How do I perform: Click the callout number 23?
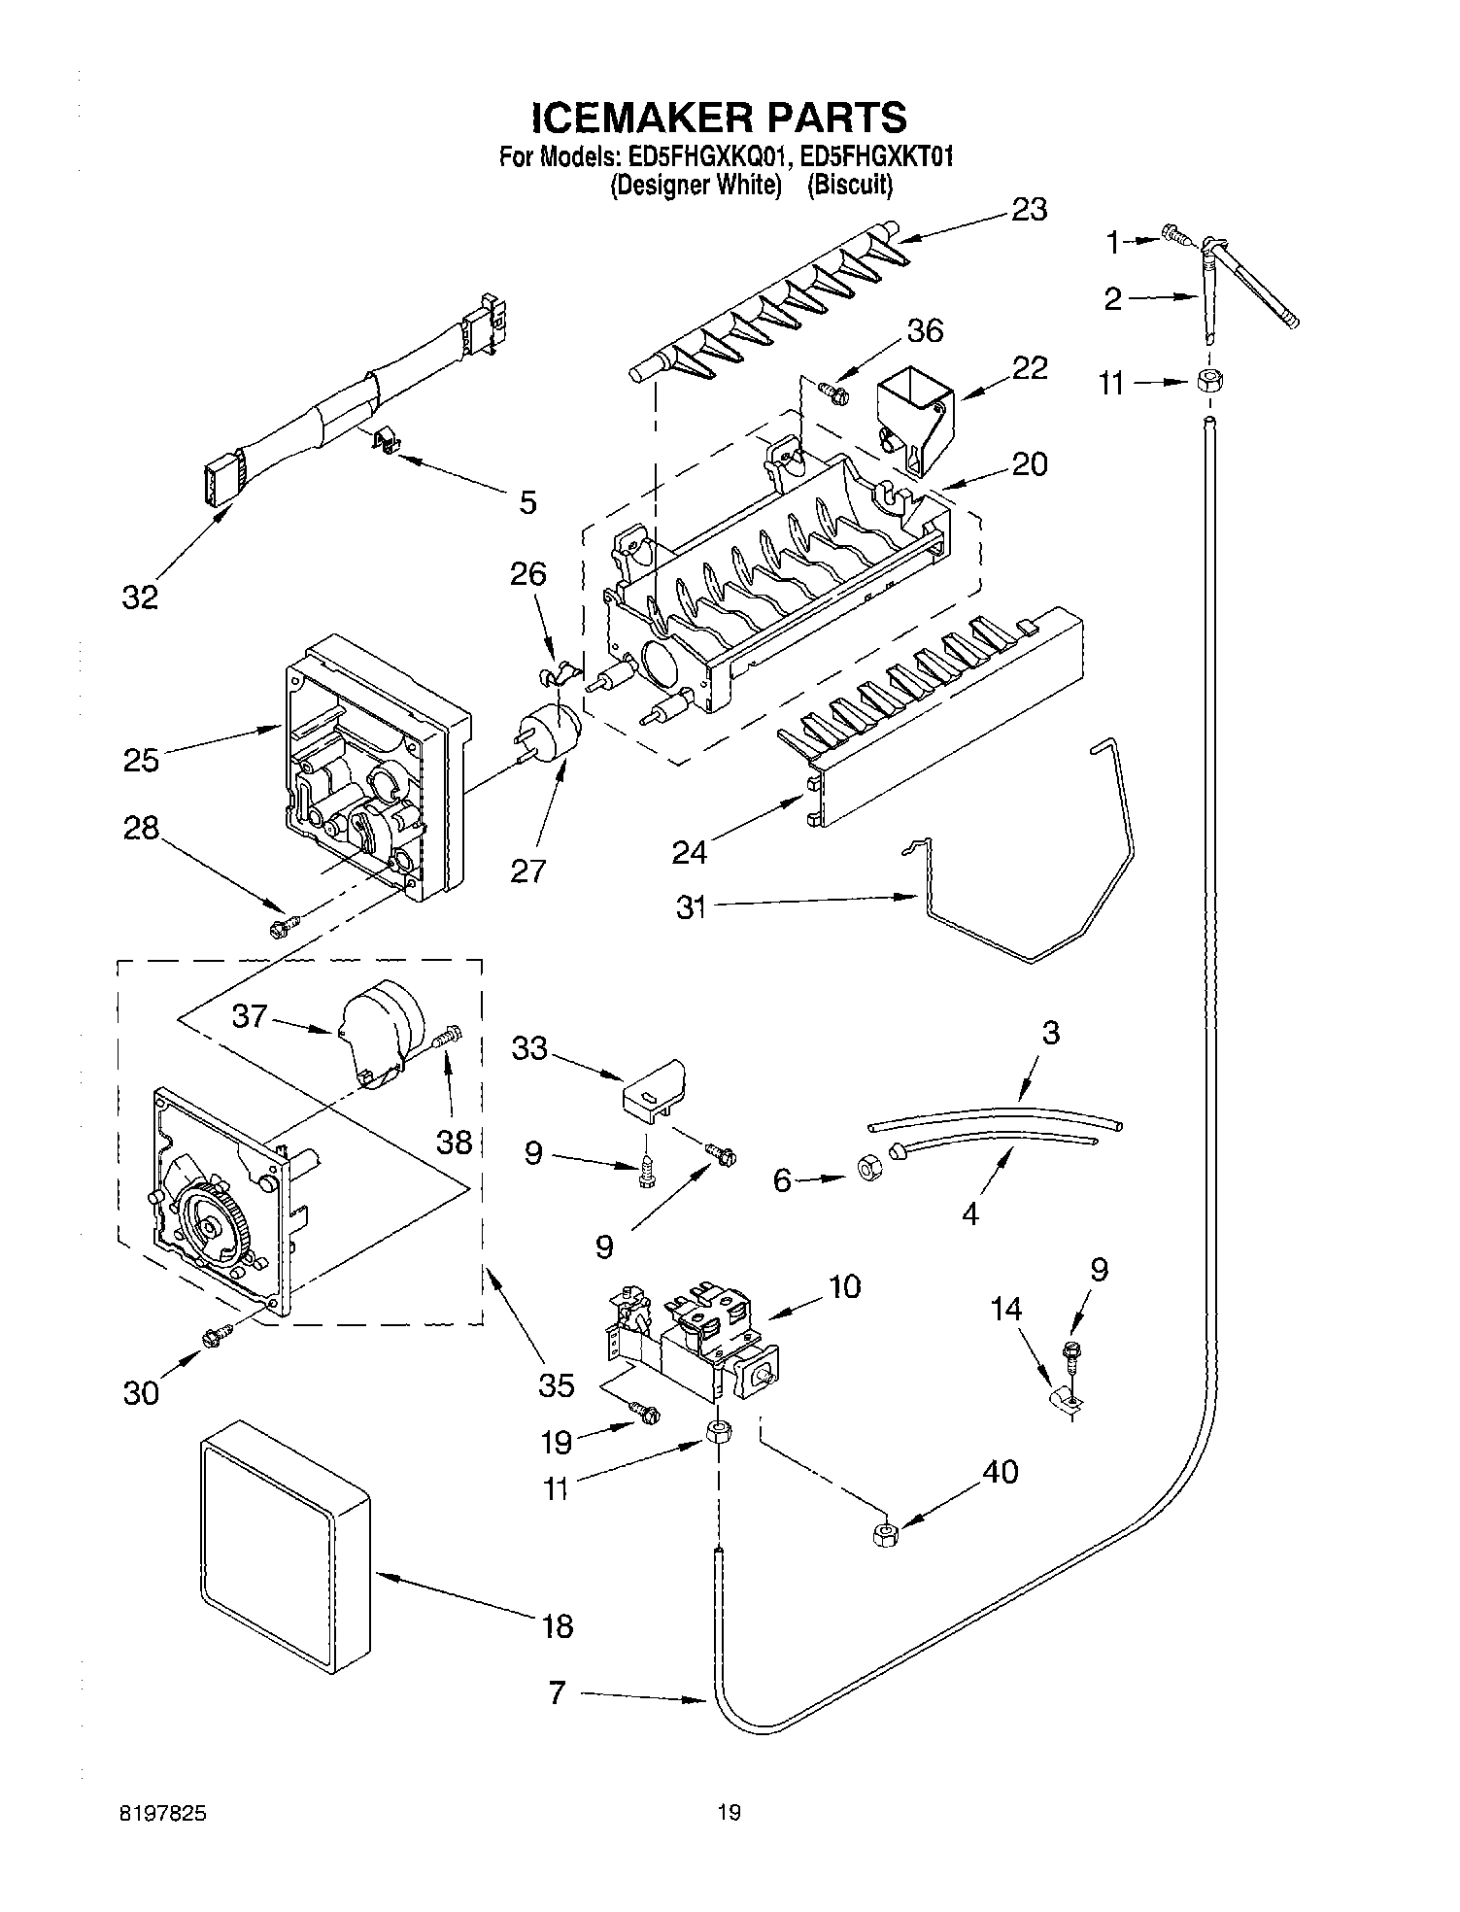[x=1029, y=210]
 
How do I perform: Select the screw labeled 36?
[x=832, y=393]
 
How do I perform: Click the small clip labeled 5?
[x=388, y=443]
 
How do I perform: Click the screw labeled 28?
[x=283, y=927]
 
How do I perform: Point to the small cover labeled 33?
[x=654, y=1090]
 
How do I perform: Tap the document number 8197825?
[x=163, y=1812]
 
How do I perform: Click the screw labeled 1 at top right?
[x=1174, y=233]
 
